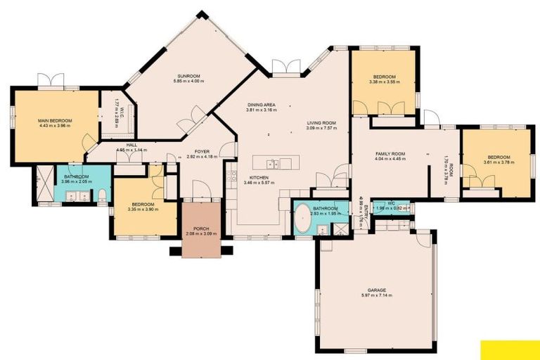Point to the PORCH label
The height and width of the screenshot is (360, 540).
[201, 229]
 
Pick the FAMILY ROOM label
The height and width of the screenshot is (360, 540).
[391, 153]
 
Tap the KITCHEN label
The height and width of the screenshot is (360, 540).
[258, 177]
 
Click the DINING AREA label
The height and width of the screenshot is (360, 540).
[260, 105]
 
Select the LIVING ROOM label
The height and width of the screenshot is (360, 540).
[321, 123]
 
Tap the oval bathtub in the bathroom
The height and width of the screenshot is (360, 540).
[303, 219]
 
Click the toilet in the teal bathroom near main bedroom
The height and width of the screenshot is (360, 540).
[103, 195]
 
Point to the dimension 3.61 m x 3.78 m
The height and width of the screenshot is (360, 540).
[496, 162]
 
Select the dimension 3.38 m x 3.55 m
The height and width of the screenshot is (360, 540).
[384, 82]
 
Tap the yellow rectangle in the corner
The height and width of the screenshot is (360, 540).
[510, 349]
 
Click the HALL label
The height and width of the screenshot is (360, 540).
[112, 144]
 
